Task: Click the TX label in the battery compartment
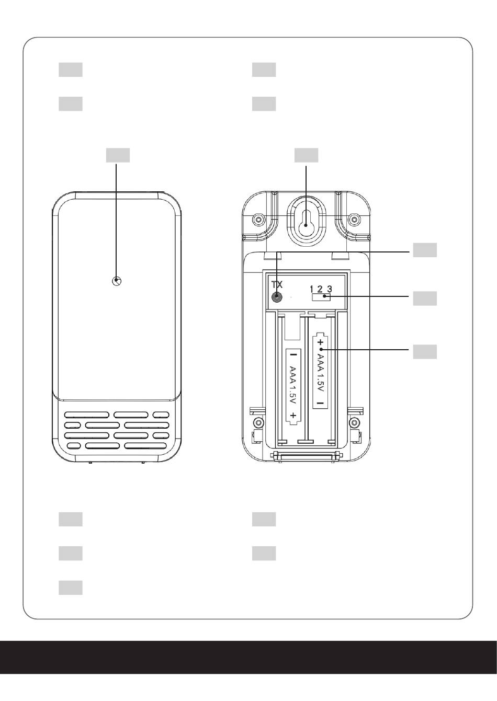(277, 284)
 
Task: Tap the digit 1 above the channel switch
(311, 289)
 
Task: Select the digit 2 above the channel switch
(320, 289)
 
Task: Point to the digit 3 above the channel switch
(330, 289)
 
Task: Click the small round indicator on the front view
(117, 281)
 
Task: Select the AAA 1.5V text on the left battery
(292, 385)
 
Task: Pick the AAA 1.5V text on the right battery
(320, 372)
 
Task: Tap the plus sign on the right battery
(320, 342)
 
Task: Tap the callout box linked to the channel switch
(424, 298)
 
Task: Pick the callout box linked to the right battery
(424, 351)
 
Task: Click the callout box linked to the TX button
(424, 250)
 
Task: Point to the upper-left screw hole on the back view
(256, 218)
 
